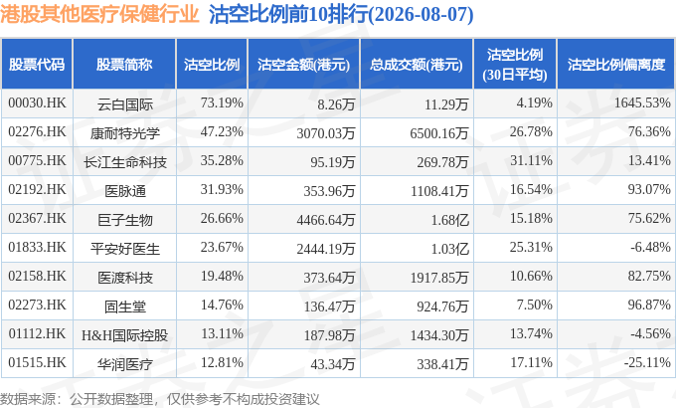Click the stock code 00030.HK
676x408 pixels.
pos(37,103)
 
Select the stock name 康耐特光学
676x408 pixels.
pos(124,133)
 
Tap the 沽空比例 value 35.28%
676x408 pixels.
pos(222,160)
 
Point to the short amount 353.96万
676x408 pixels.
pos(329,191)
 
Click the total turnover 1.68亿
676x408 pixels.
pos(449,220)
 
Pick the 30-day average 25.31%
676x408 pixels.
pos(531,247)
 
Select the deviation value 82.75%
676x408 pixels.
pos(649,276)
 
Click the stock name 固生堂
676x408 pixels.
pos(125,306)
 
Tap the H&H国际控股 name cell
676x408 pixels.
pos(124,335)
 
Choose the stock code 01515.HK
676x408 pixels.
pos(37,362)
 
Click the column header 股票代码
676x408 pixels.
pos(37,65)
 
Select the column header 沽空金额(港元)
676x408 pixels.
pos(303,65)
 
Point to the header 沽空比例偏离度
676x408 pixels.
pos(616,65)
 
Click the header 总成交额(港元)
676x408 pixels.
pos(416,65)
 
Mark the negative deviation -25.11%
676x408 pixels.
pos(647,362)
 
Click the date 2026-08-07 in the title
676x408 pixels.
pos(422,14)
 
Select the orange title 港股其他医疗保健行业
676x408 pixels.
pos(99,14)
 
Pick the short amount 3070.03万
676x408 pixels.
pos(325,133)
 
